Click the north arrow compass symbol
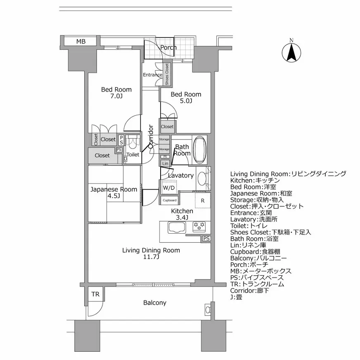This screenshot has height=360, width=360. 291,51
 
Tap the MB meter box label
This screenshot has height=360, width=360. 81,41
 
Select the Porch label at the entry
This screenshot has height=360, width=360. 168,47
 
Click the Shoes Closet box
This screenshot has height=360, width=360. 167,74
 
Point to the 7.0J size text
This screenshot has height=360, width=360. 116,96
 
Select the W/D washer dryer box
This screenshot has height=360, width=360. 168,187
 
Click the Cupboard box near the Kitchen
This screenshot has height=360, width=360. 169,200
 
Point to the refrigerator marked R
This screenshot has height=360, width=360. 203,201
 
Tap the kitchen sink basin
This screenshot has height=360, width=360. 177,227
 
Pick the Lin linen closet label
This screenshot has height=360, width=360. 166,163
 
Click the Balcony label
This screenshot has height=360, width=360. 155,303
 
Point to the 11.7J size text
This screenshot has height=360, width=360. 151,257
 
